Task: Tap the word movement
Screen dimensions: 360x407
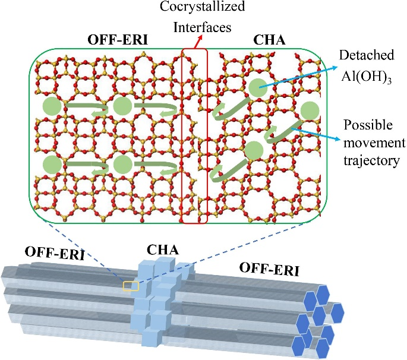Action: [373, 144]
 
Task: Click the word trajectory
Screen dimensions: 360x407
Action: [371, 160]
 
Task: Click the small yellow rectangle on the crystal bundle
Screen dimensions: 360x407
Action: [131, 286]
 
